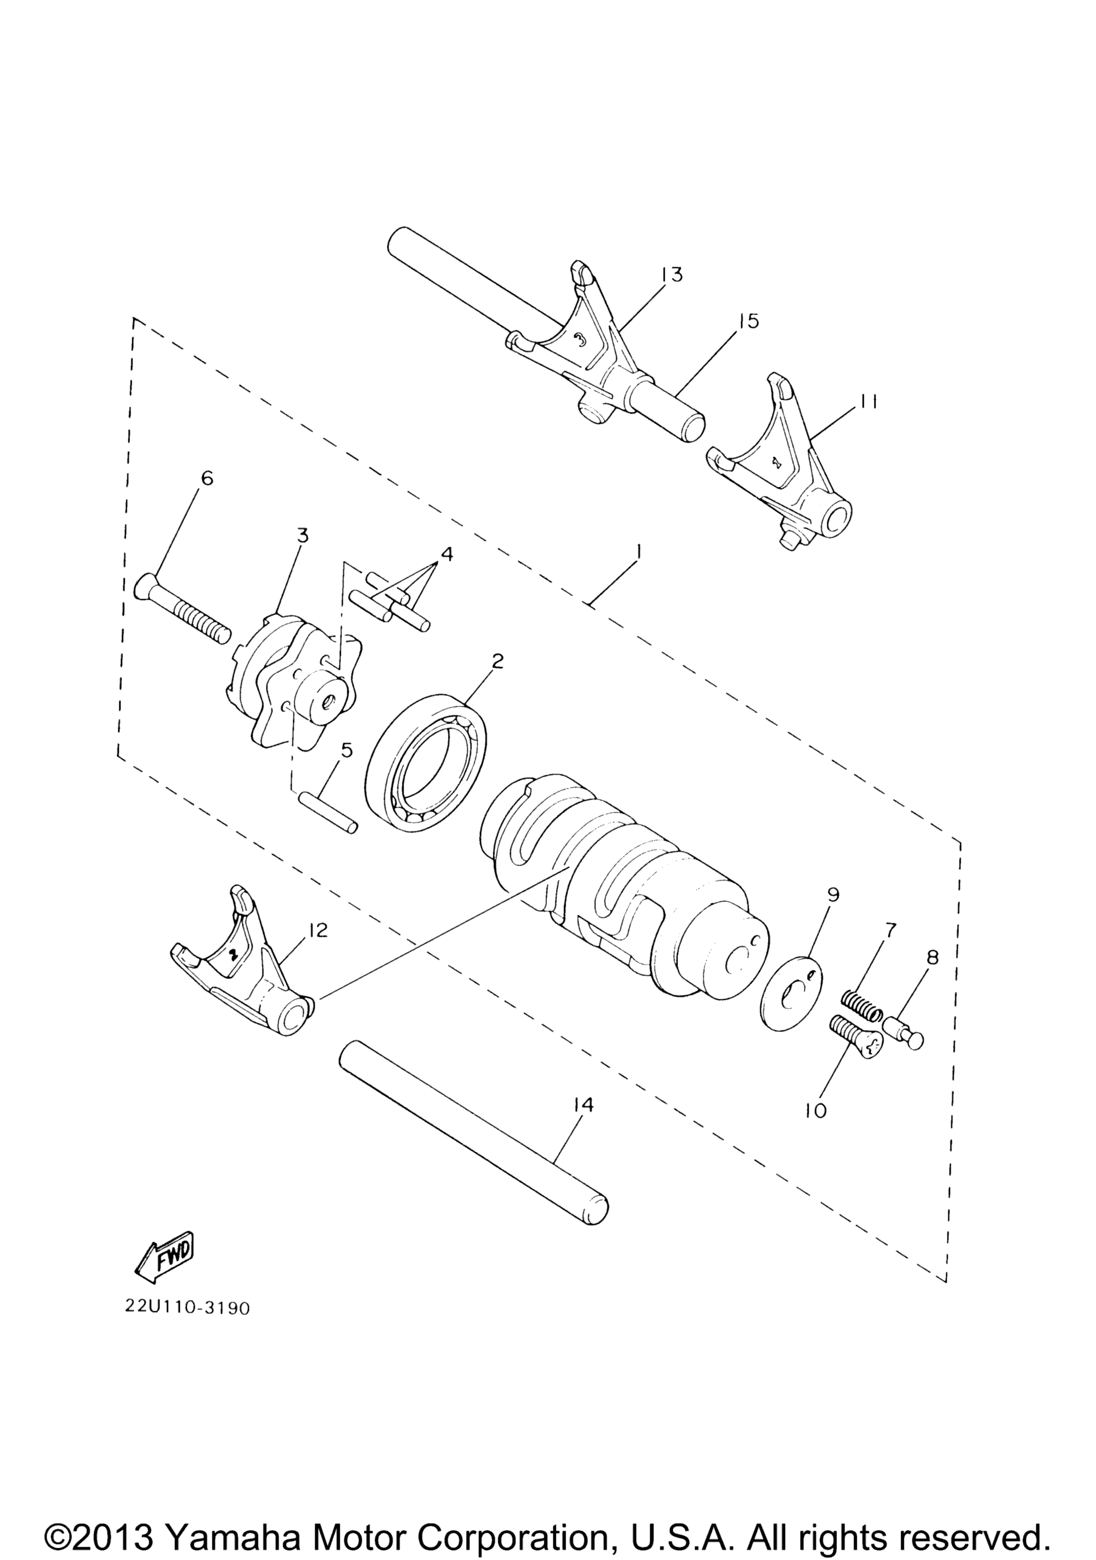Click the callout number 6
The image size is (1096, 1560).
[x=207, y=478]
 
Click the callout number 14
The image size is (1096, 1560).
[x=582, y=1105]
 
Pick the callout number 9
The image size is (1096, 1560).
[x=833, y=895]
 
